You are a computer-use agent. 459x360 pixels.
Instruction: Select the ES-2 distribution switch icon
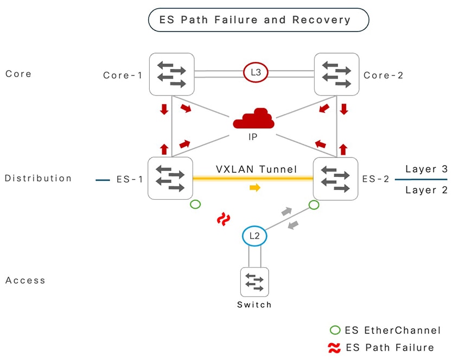click(x=336, y=178)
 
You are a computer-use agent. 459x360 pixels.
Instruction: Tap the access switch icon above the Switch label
click(x=254, y=282)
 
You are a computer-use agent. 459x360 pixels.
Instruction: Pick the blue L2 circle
click(x=254, y=236)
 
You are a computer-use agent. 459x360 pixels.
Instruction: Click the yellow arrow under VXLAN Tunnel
click(x=254, y=188)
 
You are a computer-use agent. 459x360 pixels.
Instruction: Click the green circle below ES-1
click(x=195, y=205)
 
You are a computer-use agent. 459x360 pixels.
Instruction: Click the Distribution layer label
click(x=38, y=178)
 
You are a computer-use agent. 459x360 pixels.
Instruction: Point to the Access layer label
click(x=25, y=280)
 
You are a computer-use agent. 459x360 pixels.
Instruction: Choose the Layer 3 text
click(x=420, y=169)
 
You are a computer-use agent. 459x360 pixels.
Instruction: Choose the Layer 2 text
click(x=420, y=190)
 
